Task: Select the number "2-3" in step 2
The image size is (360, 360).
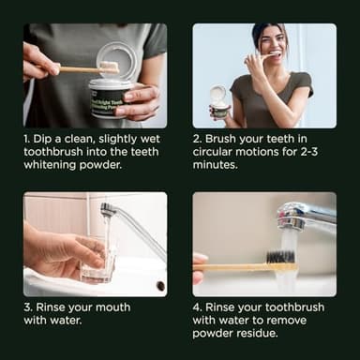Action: (x=309, y=152)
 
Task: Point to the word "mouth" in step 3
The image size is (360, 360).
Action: (x=112, y=307)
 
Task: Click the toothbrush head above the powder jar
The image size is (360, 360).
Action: (x=109, y=67)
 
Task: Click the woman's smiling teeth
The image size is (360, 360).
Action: (x=275, y=53)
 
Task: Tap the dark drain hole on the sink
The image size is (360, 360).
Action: (x=160, y=285)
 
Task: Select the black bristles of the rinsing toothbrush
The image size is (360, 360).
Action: (x=279, y=257)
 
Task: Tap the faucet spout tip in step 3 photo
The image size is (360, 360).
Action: (x=107, y=209)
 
